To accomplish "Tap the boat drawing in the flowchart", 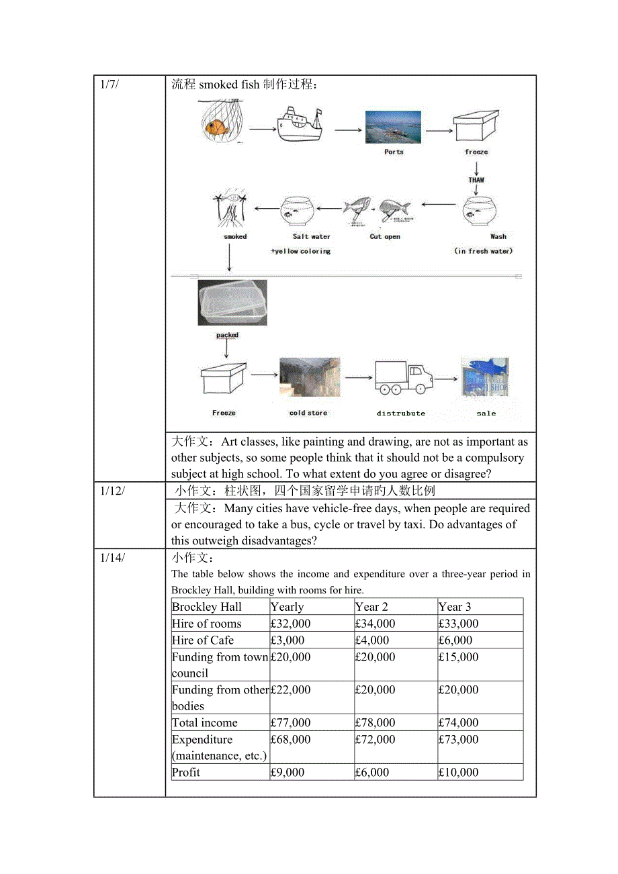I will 300,124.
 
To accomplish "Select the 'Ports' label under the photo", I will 394,152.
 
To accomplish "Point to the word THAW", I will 476,180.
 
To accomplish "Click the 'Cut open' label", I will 384,237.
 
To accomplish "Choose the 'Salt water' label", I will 311,237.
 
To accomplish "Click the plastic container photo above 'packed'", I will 232,303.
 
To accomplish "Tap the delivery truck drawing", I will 402,378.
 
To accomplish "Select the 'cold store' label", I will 308,413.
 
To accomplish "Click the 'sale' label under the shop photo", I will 486,414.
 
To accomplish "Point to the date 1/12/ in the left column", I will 113,491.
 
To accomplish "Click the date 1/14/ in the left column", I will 113,557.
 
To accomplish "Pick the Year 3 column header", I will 455,607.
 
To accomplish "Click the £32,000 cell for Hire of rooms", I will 291,624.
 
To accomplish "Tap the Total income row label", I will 205,723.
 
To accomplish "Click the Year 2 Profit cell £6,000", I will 372,773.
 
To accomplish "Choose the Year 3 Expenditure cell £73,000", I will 459,740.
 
